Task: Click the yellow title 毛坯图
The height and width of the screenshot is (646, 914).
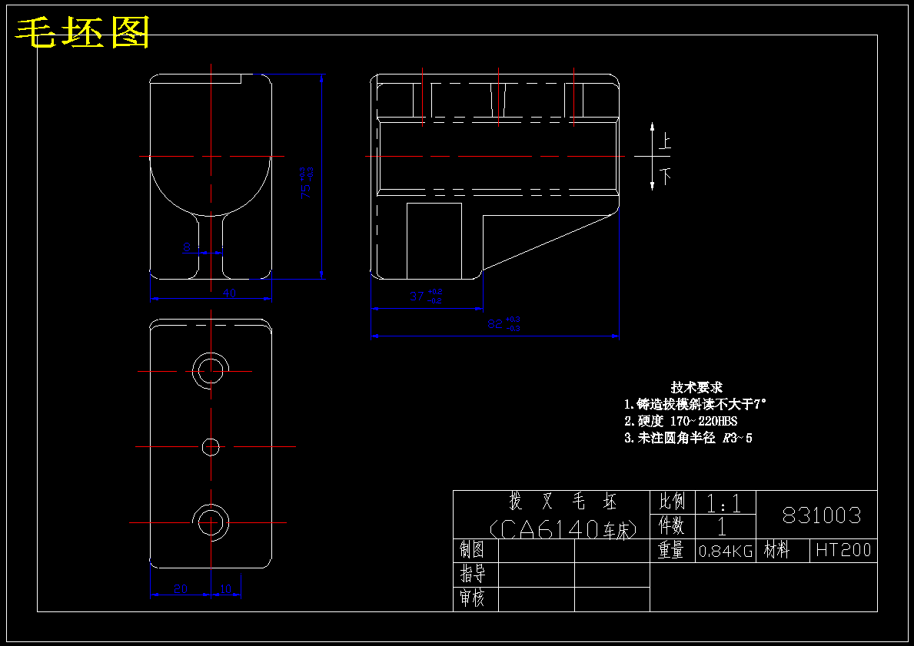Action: [x=83, y=32]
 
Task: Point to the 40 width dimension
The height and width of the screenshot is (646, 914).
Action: [x=229, y=293]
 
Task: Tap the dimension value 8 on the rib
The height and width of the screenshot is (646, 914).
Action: [x=187, y=247]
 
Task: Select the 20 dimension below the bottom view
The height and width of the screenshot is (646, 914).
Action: [x=181, y=588]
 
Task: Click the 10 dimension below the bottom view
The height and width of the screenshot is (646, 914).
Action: [x=225, y=588]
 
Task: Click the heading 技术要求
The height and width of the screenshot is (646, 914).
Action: [x=696, y=388]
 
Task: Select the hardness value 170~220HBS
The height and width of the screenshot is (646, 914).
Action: [x=703, y=421]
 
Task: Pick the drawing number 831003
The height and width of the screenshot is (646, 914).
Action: [x=821, y=515]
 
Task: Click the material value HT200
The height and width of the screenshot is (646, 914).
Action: [x=843, y=550]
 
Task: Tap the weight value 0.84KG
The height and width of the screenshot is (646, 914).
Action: [x=725, y=551]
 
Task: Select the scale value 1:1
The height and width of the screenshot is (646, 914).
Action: [x=723, y=504]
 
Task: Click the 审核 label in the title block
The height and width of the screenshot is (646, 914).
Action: [x=473, y=598]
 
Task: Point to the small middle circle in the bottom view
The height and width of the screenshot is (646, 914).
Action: [x=211, y=446]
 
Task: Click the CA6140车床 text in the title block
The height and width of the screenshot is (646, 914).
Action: [x=563, y=528]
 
